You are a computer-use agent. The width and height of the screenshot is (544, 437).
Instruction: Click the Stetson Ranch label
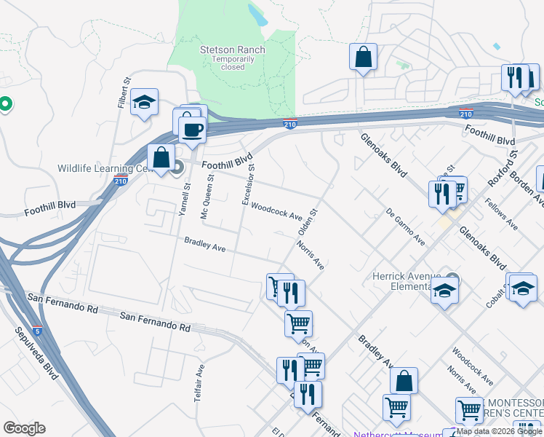pyautogui.click(x=233, y=50)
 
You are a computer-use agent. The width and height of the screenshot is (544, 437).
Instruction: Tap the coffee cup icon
pyautogui.click(x=192, y=130)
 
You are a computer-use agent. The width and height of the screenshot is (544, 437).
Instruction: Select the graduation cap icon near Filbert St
pyautogui.click(x=145, y=102)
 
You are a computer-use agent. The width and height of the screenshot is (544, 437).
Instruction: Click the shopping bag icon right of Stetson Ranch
pyautogui.click(x=363, y=57)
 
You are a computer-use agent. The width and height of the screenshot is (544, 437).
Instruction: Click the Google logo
pyautogui.click(x=24, y=428)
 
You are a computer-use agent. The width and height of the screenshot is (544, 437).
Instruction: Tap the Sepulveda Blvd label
pyautogui.click(x=33, y=357)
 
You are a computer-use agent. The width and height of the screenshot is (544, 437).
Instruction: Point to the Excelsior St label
pyautogui.click(x=247, y=184)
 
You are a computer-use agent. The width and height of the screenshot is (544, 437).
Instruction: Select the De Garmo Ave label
pyautogui.click(x=406, y=227)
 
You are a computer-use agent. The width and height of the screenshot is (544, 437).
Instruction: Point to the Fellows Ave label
pyautogui.click(x=501, y=214)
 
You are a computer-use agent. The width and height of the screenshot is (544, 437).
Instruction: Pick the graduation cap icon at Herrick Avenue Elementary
pyautogui.click(x=444, y=292)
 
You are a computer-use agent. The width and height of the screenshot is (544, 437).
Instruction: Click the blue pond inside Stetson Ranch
pyautogui.click(x=257, y=14)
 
